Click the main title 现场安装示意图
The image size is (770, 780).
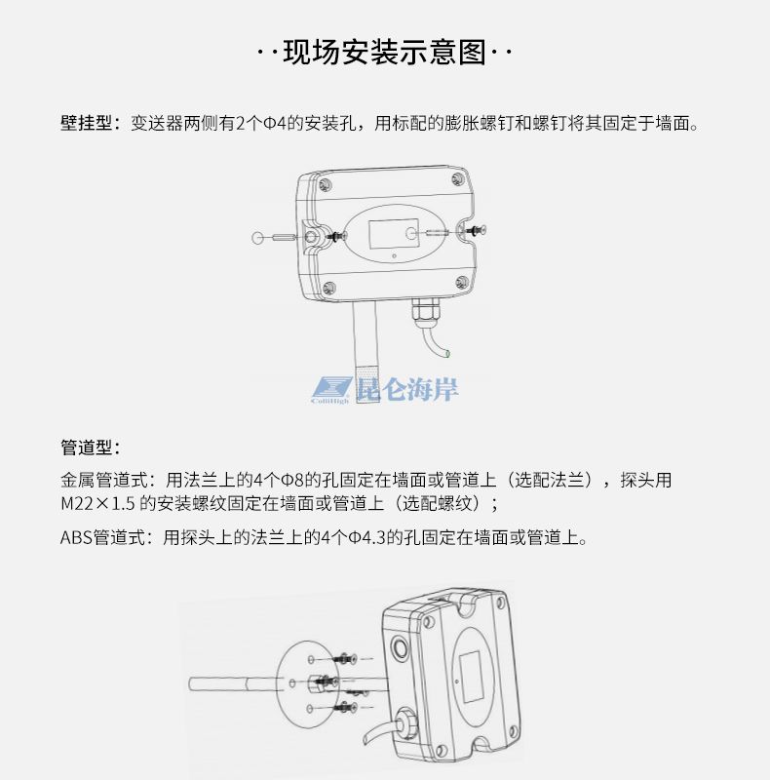384,52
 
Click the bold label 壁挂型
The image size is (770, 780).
87,123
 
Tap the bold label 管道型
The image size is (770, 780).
87,448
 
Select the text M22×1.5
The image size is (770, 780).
97,503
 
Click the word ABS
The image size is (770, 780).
77,537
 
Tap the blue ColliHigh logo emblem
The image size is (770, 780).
331,390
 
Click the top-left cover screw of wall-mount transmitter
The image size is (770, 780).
326,185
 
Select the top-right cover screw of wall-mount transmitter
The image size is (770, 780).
457,179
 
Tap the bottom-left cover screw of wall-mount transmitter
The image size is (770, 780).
329,288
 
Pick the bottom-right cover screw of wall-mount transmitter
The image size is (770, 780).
462,282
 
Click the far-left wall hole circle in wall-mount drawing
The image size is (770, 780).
257,238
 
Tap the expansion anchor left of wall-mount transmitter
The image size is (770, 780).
285,238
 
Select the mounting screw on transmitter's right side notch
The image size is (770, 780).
476,230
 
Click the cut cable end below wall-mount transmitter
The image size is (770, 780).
447,354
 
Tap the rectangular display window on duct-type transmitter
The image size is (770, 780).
470,677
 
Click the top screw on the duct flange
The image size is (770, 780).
347,659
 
